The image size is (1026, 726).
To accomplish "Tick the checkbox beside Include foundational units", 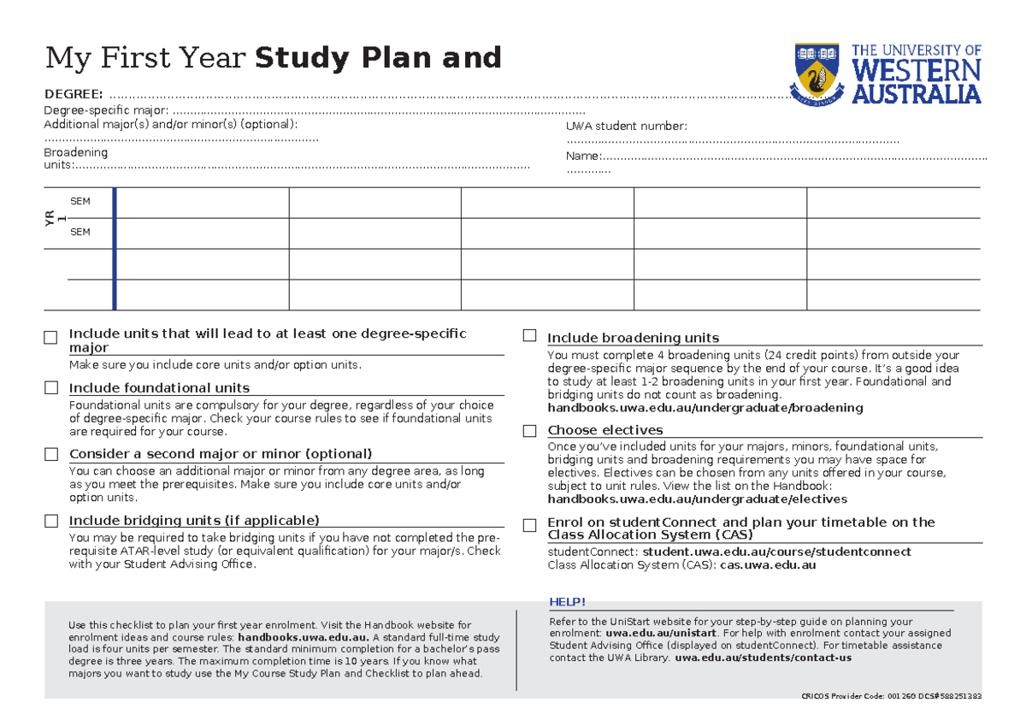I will click(x=51, y=388).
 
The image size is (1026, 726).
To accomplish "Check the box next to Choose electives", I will click(x=530, y=431).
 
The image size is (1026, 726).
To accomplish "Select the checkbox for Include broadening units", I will click(x=530, y=336).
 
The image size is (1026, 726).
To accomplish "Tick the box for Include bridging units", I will click(x=51, y=521).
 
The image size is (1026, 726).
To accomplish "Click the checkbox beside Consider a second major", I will click(x=51, y=454).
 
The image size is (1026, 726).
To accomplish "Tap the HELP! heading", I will click(x=567, y=603).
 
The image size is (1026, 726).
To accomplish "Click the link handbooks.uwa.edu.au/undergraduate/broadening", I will click(x=705, y=408).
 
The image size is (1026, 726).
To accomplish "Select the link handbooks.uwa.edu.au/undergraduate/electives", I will click(x=697, y=499).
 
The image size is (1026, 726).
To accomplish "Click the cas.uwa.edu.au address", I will click(x=768, y=564).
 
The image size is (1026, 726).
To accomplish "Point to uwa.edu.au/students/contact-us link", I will click(x=763, y=658).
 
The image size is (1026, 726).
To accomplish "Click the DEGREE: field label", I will click(x=74, y=93).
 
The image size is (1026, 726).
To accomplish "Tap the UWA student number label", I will click(x=626, y=127).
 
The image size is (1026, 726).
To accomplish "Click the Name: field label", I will click(x=583, y=156).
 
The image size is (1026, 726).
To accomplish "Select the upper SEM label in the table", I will click(x=80, y=201).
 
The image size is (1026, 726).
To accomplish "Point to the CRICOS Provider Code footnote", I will click(x=888, y=696).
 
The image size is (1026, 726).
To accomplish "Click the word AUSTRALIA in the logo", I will click(x=917, y=93).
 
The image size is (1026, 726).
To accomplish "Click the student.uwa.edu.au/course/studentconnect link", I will click(x=776, y=552).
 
